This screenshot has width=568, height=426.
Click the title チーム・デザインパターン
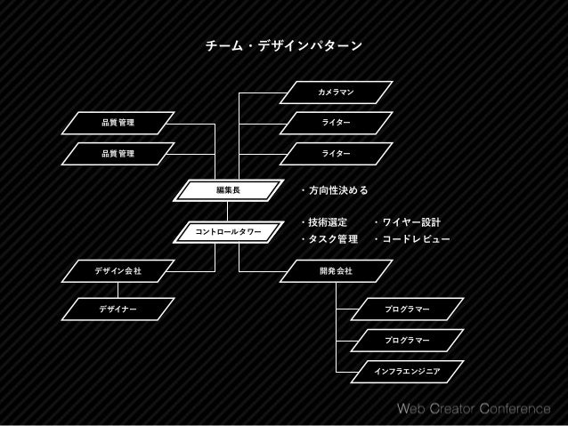pyautogui.click(x=283, y=44)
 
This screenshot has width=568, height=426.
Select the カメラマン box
pyautogui.click(x=336, y=92)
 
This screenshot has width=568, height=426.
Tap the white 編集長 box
pyautogui.click(x=228, y=189)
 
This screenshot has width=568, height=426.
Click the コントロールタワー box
pyautogui.click(x=228, y=232)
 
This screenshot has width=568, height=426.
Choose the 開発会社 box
pyautogui.click(x=336, y=269)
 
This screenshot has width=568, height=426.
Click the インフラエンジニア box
pyautogui.click(x=407, y=368)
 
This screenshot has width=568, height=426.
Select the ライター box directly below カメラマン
pyautogui.click(x=336, y=123)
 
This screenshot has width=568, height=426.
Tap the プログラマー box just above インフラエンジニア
pyautogui.click(x=407, y=339)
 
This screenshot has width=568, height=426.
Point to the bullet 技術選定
pyautogui.click(x=327, y=222)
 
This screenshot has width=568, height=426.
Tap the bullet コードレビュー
pyautogui.click(x=414, y=240)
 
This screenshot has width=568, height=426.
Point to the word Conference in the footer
pyautogui.click(x=515, y=410)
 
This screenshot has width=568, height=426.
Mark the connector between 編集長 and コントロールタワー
pyautogui.click(x=228, y=211)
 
